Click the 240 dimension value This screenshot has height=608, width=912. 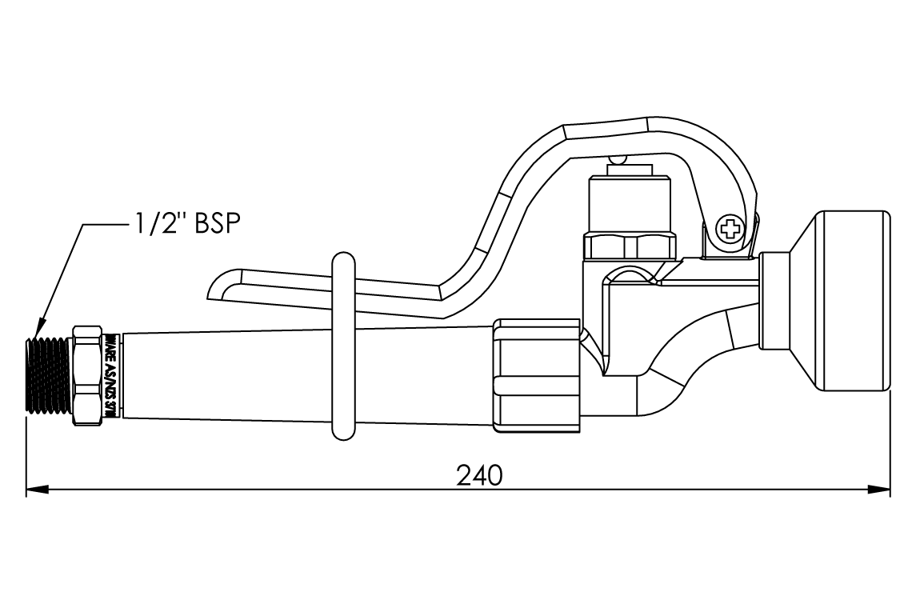pos(479,474)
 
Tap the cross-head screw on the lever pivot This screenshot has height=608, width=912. pos(729,230)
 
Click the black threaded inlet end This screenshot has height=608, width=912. pos(49,375)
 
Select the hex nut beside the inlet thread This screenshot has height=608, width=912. pos(87,374)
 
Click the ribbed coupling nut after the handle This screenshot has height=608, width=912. pos(535,375)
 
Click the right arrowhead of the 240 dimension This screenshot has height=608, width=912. pos(882,489)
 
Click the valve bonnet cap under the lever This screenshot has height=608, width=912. pos(629,204)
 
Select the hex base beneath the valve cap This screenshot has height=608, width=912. pos(629,246)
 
